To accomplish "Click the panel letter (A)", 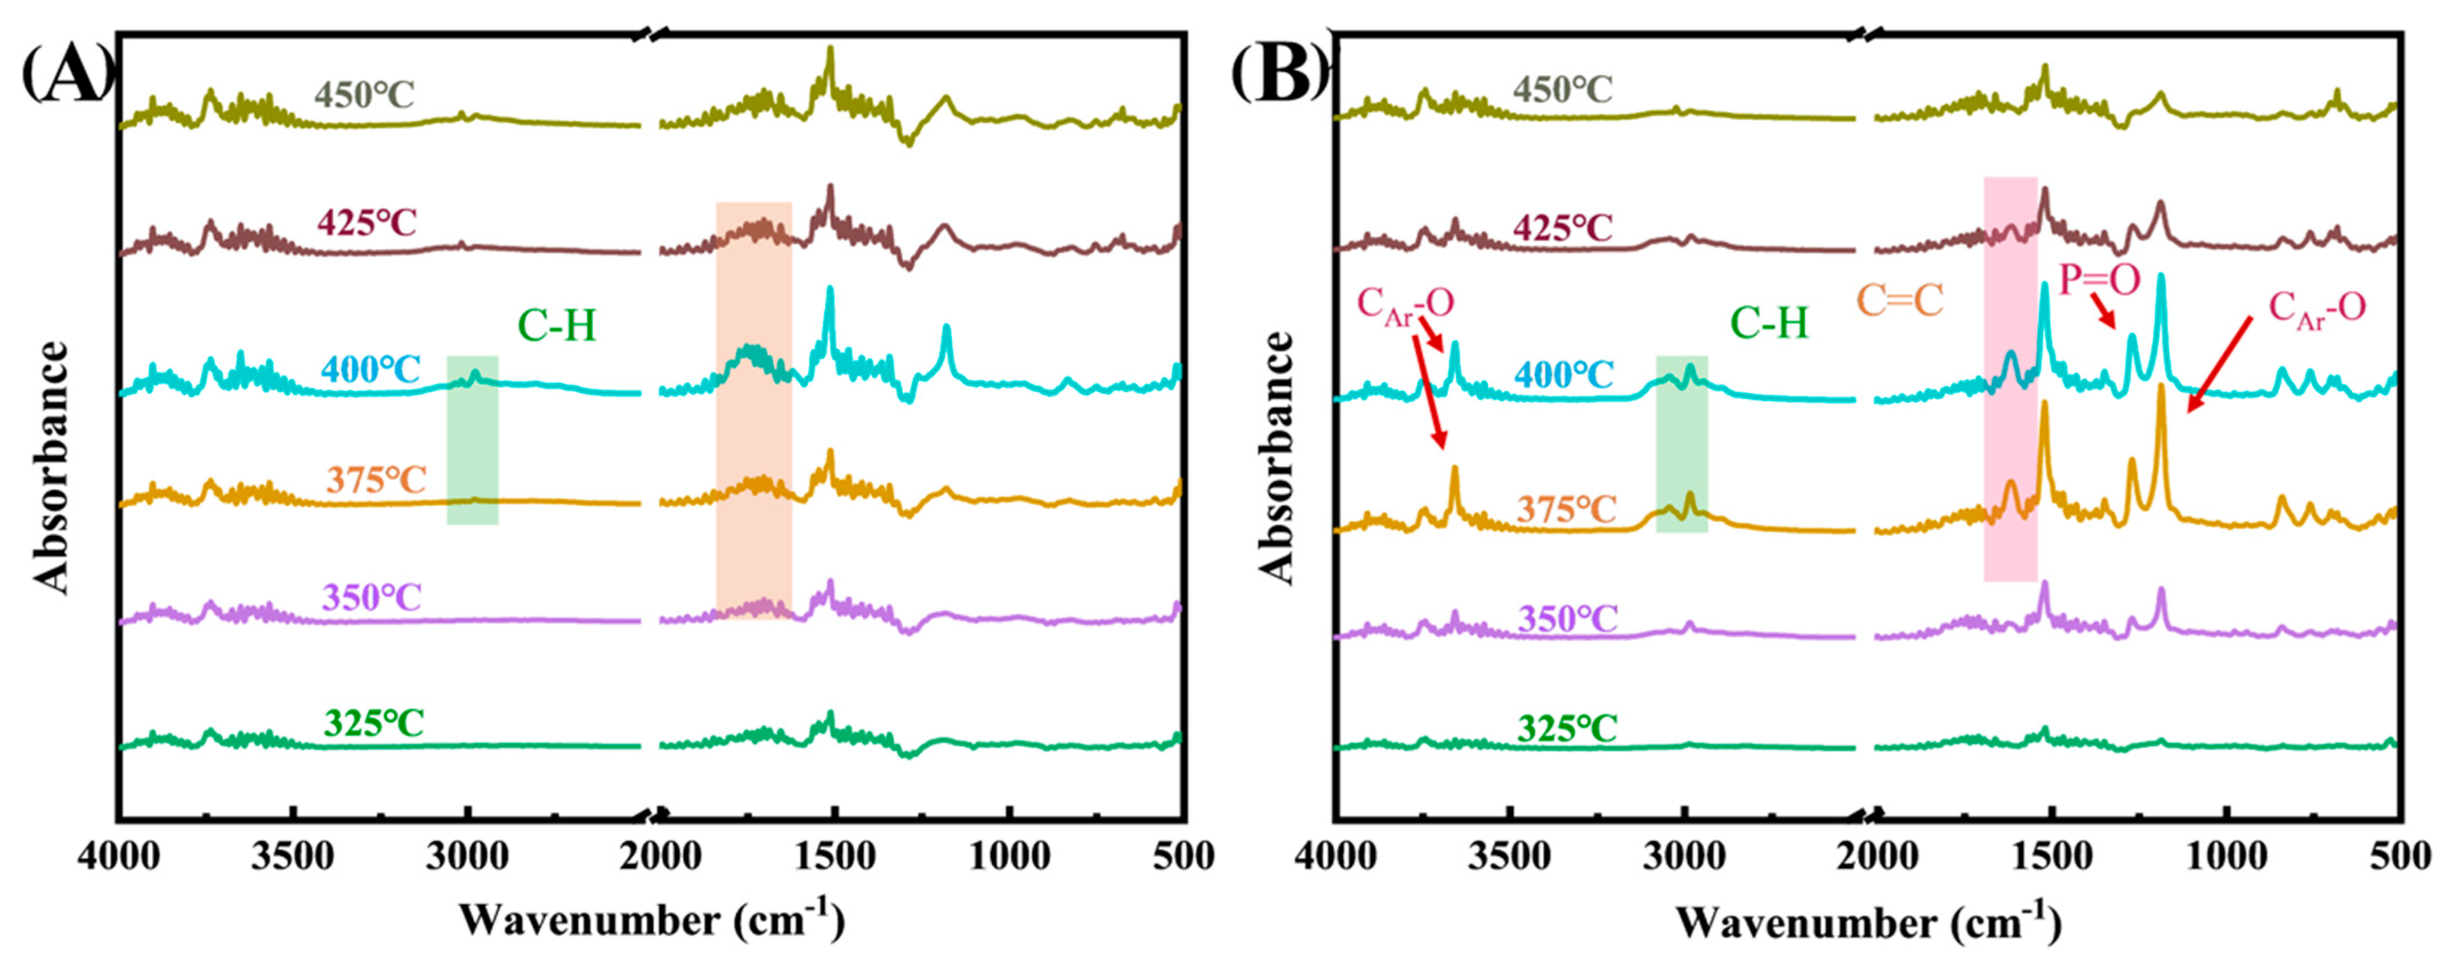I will tap(67, 74).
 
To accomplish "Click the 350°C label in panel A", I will tap(371, 598).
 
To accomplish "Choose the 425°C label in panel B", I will tap(1564, 229).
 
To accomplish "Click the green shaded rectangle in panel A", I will tap(472, 440).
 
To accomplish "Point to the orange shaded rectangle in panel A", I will tap(753, 410).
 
